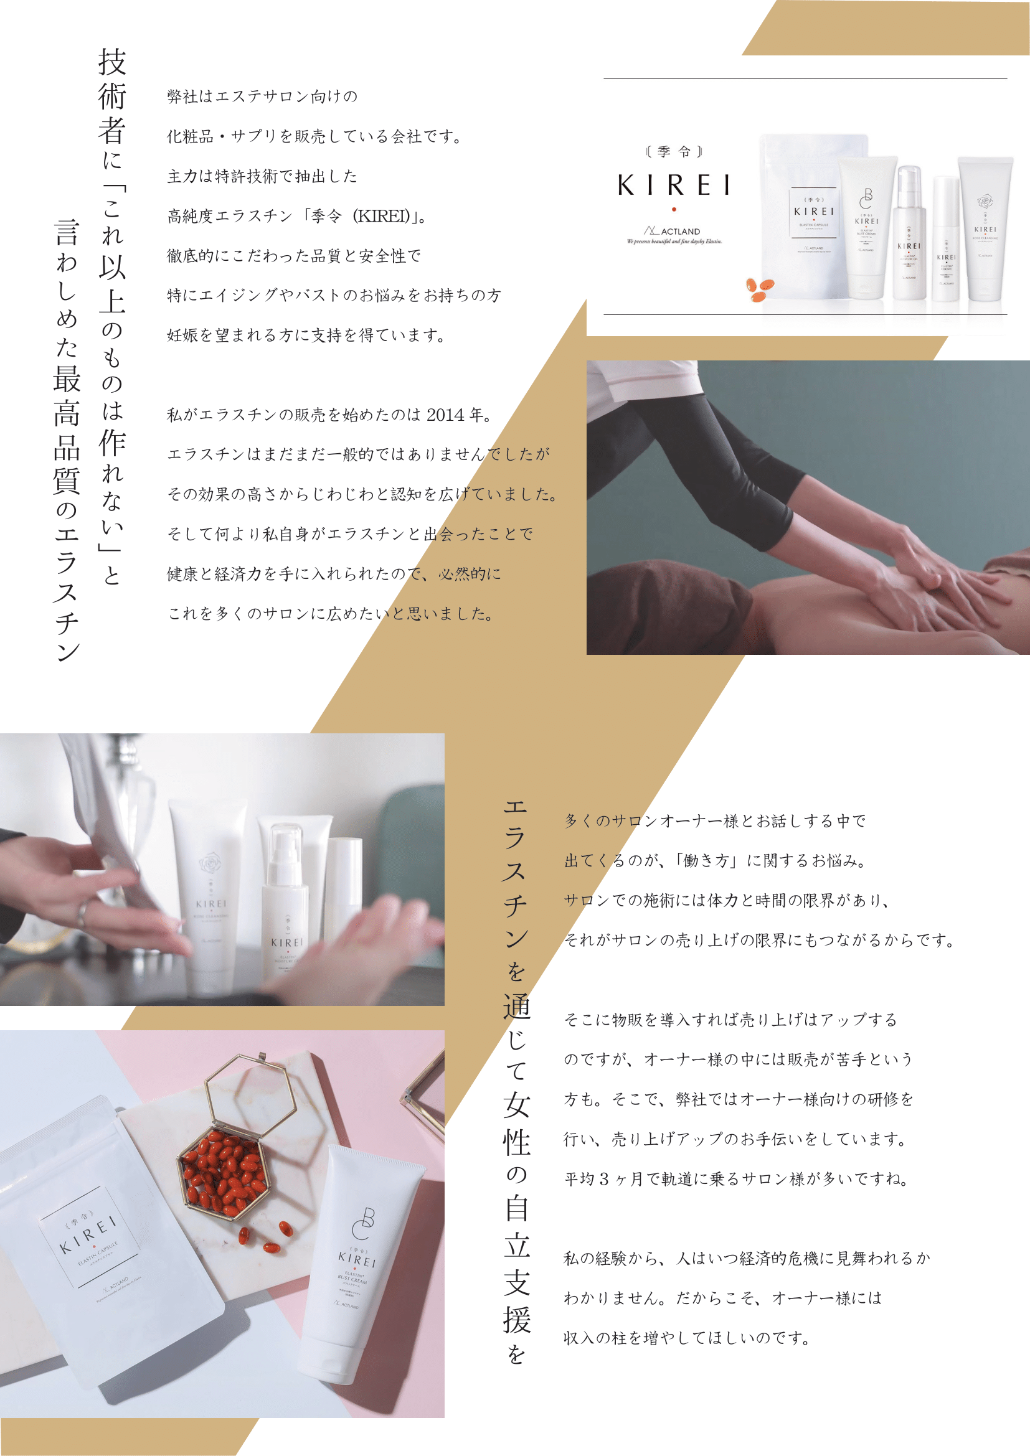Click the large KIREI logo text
(x=674, y=185)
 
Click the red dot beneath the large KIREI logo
(x=674, y=209)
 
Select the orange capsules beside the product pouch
(x=759, y=289)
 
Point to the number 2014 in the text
(x=445, y=415)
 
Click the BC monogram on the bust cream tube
(x=365, y=1223)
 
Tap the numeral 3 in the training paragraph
(x=604, y=1179)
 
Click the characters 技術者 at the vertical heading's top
(x=112, y=95)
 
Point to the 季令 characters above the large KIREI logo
(x=674, y=151)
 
